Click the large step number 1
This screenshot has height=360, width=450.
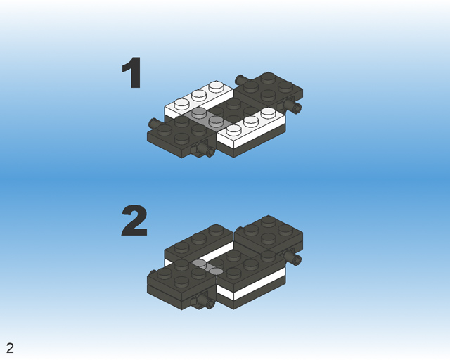tap(132, 74)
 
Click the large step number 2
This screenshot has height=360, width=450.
tap(134, 221)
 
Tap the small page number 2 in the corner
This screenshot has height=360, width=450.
tap(10, 348)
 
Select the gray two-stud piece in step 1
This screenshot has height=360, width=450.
tap(199, 117)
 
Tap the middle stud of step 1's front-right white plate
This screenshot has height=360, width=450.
tap(251, 121)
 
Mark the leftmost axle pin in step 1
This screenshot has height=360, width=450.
tap(153, 123)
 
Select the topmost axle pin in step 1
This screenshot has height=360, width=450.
tap(240, 77)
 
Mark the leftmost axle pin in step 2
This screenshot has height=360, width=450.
tap(153, 274)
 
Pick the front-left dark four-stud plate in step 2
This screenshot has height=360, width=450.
tap(181, 278)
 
